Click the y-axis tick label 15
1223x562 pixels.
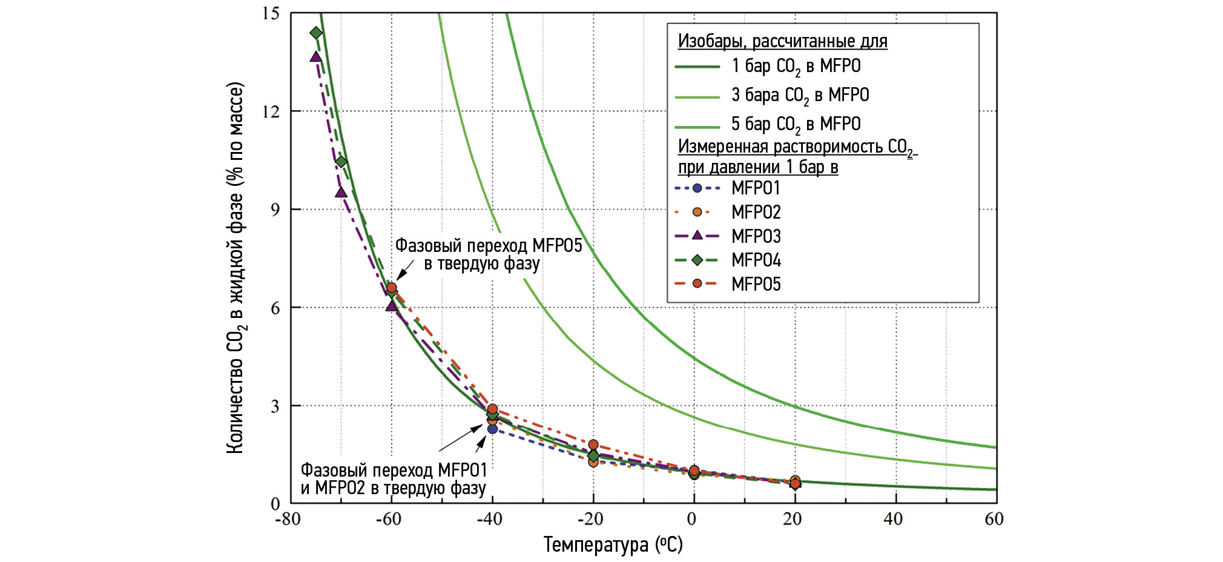coord(271,13)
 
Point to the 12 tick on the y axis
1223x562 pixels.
coord(271,111)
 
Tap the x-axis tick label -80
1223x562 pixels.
coord(288,519)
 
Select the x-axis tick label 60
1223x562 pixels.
coord(994,519)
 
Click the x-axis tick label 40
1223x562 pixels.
coord(893,519)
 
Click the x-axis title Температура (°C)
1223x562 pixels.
coord(613,544)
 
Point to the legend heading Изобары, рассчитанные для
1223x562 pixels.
coord(782,41)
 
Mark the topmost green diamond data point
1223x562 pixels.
coord(316,33)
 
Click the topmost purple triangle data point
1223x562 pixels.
coord(316,57)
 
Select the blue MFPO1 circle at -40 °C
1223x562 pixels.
coord(492,429)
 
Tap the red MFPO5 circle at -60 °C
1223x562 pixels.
coord(392,288)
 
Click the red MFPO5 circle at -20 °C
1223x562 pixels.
coord(593,445)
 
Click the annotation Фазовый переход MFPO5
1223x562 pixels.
coord(489,246)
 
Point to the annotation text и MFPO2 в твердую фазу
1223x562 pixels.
coord(393,488)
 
